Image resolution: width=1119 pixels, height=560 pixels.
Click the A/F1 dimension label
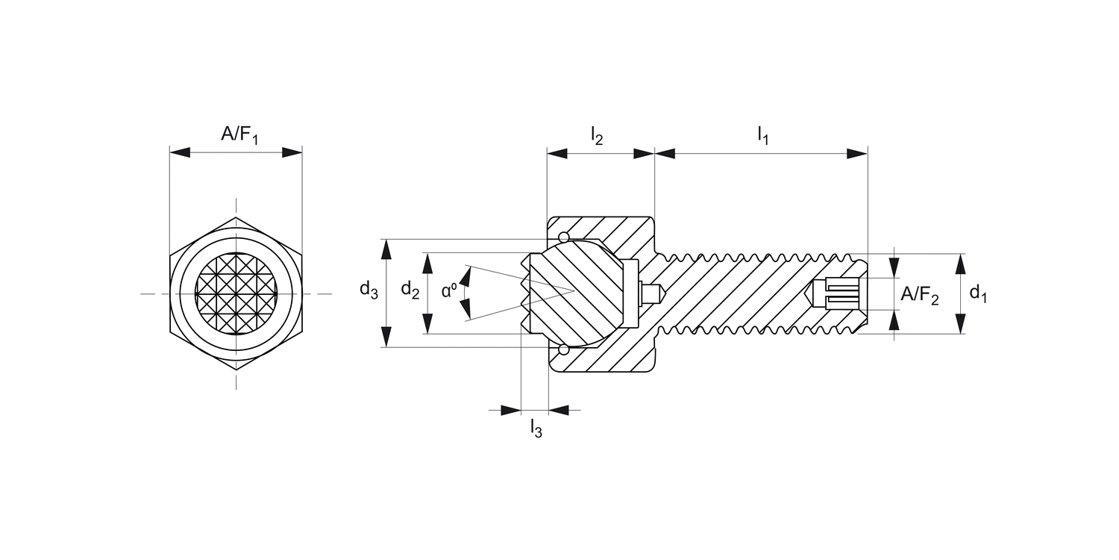pos(239,135)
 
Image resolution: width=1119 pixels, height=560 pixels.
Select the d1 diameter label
pos(978,294)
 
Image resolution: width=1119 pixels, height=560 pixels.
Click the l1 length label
pos(762,135)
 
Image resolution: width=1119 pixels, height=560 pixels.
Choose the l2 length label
pos(597,135)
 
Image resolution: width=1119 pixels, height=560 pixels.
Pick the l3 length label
pos(536,429)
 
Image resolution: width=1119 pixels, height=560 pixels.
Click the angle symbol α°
pos(449,290)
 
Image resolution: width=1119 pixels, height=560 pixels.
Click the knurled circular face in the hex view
pos(236,293)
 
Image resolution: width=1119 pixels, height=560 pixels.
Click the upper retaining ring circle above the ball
pos(563,238)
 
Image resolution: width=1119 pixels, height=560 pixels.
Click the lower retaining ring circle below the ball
pos(563,349)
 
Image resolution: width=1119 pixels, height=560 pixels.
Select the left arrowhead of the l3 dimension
pos(510,410)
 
